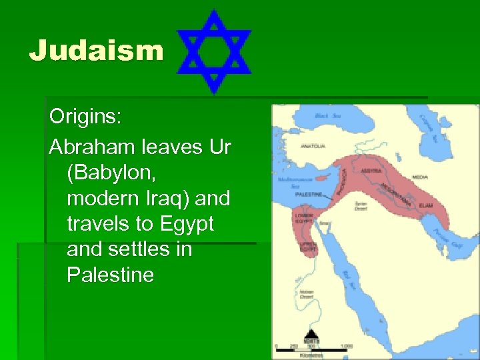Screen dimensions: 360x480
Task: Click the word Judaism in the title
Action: click(x=96, y=50)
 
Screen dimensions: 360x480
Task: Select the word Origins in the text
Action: click(x=85, y=117)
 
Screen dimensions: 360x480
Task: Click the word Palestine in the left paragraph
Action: click(x=110, y=275)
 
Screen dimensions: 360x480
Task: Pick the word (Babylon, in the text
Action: click(x=111, y=172)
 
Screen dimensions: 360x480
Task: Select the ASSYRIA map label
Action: click(x=371, y=171)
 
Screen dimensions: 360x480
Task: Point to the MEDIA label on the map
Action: click(x=420, y=177)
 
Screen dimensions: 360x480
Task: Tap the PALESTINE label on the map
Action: click(x=308, y=195)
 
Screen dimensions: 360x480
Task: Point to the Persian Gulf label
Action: click(x=447, y=239)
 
